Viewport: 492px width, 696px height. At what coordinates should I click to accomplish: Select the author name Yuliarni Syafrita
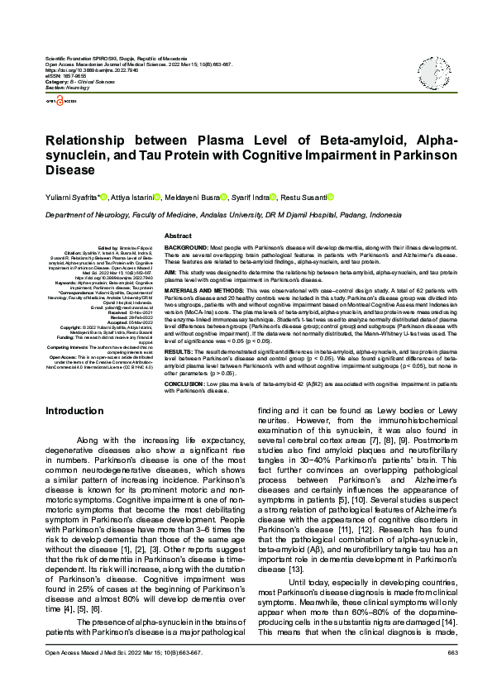point(72,197)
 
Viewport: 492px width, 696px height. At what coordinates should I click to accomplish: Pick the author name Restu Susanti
point(302,197)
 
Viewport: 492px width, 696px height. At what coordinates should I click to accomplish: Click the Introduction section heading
point(74,411)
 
